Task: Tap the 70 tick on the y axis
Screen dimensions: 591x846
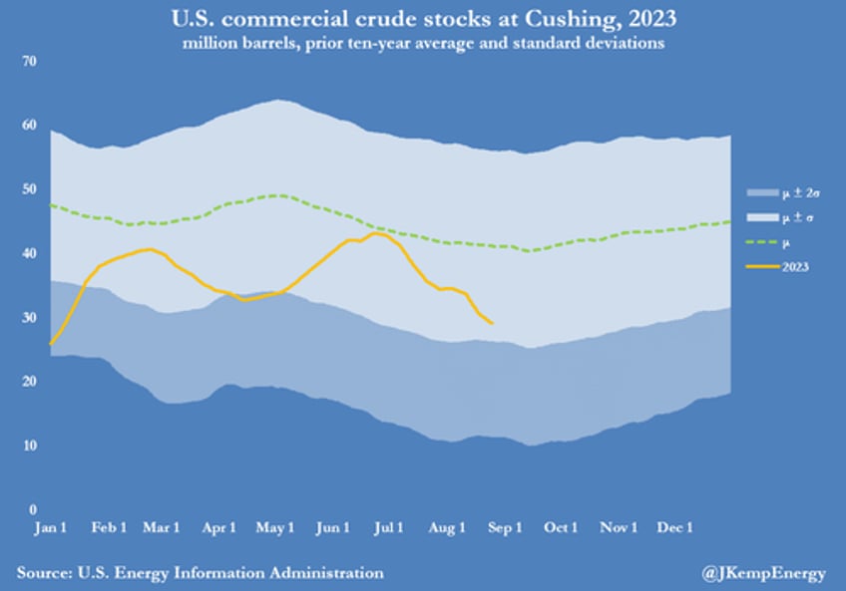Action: coord(29,62)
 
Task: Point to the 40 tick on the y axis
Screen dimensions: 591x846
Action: coord(29,254)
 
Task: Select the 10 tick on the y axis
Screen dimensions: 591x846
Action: coord(29,445)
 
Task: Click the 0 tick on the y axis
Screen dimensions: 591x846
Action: coord(32,509)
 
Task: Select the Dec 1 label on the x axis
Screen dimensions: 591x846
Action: coord(675,527)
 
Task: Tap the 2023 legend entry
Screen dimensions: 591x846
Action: coord(796,267)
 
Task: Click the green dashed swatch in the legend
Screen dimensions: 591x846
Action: coord(761,242)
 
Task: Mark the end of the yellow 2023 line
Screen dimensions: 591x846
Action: coord(492,323)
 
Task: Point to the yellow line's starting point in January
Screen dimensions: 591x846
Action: coord(50,344)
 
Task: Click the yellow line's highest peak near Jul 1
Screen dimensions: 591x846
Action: coord(375,232)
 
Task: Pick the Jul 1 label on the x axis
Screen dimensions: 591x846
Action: coord(389,527)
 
